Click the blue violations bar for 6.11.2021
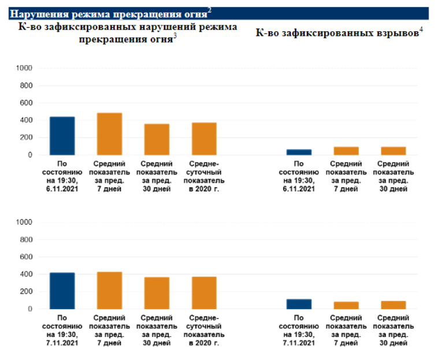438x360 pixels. [62, 136]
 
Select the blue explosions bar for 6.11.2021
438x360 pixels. [299, 152]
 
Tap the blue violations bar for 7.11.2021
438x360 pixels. [62, 291]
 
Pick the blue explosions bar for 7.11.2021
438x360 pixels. [299, 304]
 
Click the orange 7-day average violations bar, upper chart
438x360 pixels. [109, 134]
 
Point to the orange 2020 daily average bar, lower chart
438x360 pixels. [204, 293]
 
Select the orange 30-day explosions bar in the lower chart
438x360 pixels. [393, 305]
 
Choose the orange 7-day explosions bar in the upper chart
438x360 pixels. [346, 151]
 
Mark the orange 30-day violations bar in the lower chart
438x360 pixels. [157, 293]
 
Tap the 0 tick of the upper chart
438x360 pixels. [30, 155]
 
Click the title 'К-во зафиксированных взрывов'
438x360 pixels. [337, 34]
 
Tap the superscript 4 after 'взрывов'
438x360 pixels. [421, 30]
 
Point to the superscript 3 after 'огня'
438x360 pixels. [175, 36]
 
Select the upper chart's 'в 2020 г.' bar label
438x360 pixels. [204, 188]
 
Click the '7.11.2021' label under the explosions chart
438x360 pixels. [299, 343]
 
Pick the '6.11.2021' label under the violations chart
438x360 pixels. [62, 188]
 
